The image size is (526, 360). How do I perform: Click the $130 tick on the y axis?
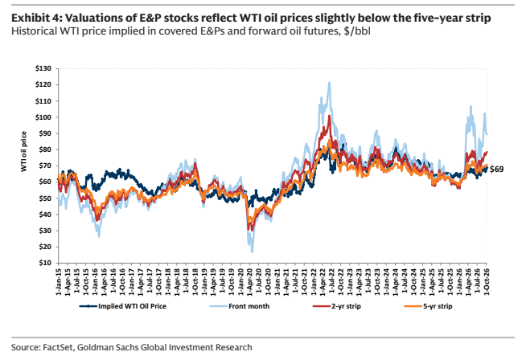pyautogui.click(x=43, y=69)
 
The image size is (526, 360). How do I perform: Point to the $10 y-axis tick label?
pyautogui.click(x=45, y=263)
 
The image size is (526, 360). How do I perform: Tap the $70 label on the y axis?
pyautogui.click(x=45, y=166)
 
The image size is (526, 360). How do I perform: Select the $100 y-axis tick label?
pyautogui.click(x=43, y=117)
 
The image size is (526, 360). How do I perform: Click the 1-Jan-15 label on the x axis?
pyautogui.click(x=59, y=281)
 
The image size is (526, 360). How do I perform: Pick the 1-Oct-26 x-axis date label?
pyautogui.click(x=487, y=281)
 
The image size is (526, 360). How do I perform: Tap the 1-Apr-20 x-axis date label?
pyautogui.click(x=249, y=281)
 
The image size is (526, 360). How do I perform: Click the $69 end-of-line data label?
pyautogui.click(x=496, y=170)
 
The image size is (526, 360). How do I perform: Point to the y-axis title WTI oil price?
pyautogui.click(x=23, y=152)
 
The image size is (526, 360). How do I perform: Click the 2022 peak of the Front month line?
pyautogui.click(x=329, y=82)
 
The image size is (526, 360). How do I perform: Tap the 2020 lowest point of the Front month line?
pyautogui.click(x=252, y=252)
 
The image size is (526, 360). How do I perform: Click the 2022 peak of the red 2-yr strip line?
pyautogui.click(x=330, y=115)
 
